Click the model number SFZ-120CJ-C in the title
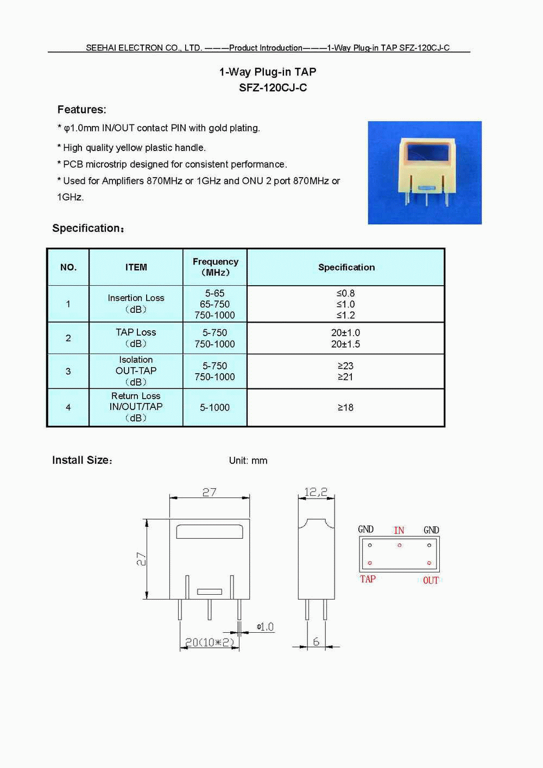coord(273,87)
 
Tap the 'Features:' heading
coord(82,110)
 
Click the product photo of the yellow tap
coord(425,172)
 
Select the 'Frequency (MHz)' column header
coord(215,267)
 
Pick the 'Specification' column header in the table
coord(346,267)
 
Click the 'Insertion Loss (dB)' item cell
coord(136,304)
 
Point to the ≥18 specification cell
coord(345,407)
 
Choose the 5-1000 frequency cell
coord(214,407)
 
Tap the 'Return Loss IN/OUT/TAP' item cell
coord(136,407)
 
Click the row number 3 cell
coord(68,372)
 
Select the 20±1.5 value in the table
coord(345,344)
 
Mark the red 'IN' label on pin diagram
coord(399,530)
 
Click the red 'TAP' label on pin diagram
coord(368,579)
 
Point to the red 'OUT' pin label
coord(431,580)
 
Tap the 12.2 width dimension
coord(315,492)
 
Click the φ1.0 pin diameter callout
coord(266,627)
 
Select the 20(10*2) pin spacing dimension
coord(210,643)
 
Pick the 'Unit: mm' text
coord(248,461)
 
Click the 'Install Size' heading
coord(82,460)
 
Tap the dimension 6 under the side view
coord(316,641)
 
